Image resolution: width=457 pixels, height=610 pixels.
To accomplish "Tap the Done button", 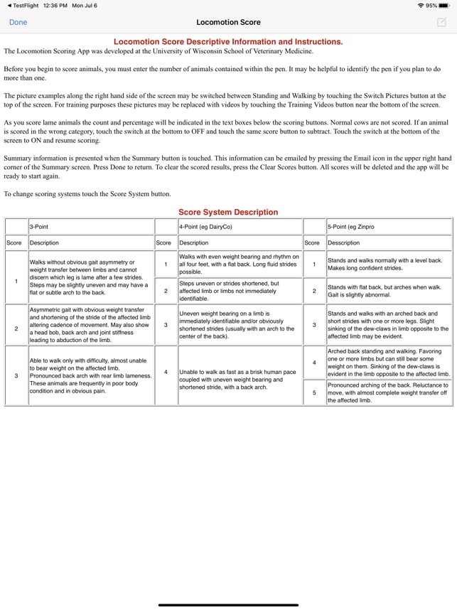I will [x=18, y=22].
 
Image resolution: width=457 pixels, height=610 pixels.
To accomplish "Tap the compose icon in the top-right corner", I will [x=441, y=22].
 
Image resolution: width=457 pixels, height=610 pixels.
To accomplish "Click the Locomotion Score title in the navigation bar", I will [x=228, y=22].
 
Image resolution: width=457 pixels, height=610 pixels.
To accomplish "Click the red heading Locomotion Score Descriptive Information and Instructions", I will [x=228, y=42].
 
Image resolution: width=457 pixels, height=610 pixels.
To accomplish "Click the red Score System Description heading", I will [x=228, y=212].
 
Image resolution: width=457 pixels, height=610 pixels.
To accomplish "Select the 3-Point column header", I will [x=40, y=226].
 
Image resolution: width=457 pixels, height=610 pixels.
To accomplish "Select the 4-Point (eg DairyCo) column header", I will [x=205, y=226].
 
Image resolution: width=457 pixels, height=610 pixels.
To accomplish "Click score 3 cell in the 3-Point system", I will [x=16, y=375].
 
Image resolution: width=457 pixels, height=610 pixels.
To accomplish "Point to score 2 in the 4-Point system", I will [x=166, y=291].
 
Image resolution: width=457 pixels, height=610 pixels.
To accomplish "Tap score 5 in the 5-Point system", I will [x=314, y=392].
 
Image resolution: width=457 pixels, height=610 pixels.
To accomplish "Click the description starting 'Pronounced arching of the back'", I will [x=387, y=392].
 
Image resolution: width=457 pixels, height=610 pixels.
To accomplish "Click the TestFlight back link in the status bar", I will [x=23, y=5].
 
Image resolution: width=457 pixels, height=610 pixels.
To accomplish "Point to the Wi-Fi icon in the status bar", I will [x=420, y=5].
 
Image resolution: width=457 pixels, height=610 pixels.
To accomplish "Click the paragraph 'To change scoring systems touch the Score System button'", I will [x=87, y=194].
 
